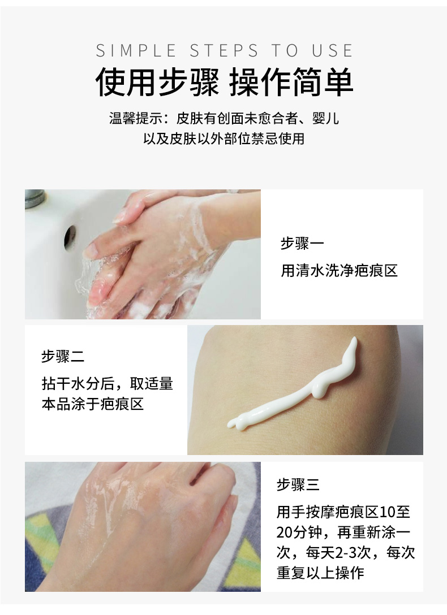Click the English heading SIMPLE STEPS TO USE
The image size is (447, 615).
point(224,50)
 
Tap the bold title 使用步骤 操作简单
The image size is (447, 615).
point(224,83)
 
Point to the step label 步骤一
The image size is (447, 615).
point(302,244)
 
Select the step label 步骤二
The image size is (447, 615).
point(63,357)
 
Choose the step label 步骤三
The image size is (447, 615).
point(298,484)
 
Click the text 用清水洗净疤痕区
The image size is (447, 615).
point(339,270)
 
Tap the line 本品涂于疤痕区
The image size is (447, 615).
point(93,405)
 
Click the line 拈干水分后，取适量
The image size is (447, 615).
point(107,383)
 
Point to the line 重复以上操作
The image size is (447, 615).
point(320,573)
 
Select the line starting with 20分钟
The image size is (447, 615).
point(343,532)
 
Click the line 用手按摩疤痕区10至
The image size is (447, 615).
point(343,512)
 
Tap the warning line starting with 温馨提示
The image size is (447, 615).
point(224,119)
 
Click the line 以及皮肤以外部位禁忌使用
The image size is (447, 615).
point(224,138)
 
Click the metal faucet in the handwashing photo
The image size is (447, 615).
point(35,197)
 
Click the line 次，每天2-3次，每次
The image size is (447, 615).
point(346,552)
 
